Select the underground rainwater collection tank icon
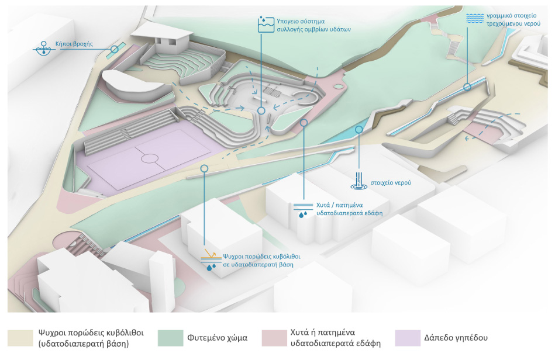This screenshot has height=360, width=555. [266, 24]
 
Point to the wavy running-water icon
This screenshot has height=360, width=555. [474, 18]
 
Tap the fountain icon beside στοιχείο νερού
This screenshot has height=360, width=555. [357, 181]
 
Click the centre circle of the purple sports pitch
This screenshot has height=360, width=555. [149, 158]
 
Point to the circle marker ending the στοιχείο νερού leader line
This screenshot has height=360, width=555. [359, 130]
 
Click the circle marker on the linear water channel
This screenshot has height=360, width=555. [467, 87]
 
